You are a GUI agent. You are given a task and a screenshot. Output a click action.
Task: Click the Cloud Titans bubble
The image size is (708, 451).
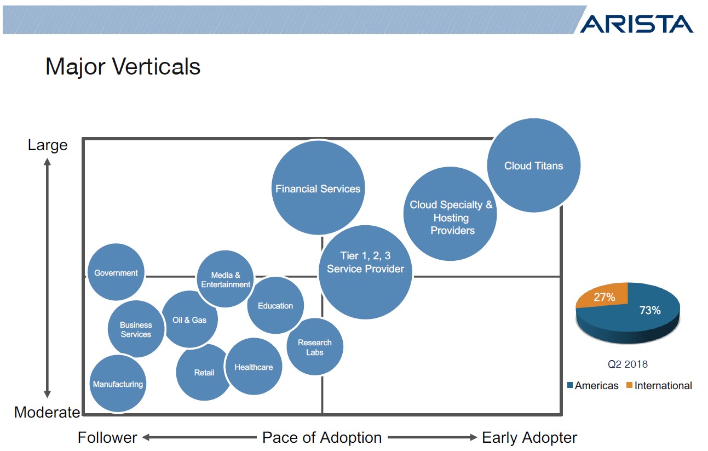point(533,165)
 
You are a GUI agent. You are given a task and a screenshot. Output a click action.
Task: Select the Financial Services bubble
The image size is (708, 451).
point(318,189)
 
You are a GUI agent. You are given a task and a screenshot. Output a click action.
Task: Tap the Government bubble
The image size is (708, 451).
point(116,272)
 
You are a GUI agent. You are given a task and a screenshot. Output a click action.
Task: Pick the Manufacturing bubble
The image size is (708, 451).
point(117,384)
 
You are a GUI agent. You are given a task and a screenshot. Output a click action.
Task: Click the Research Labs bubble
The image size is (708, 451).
point(315,347)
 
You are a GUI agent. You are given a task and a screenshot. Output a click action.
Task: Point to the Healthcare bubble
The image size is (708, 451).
point(254,367)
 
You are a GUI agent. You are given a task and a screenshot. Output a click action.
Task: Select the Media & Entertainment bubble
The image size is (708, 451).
point(225,279)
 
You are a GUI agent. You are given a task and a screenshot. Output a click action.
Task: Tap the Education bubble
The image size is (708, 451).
point(275,306)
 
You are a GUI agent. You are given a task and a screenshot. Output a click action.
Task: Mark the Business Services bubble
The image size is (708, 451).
point(135,329)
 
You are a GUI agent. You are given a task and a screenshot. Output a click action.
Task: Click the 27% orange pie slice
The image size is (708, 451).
point(604,298)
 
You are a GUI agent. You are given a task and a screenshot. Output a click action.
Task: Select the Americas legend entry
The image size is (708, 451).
point(592,386)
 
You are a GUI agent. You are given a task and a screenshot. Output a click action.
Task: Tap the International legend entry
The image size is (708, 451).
point(659,386)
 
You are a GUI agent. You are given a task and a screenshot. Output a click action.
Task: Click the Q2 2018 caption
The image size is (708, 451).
point(628,364)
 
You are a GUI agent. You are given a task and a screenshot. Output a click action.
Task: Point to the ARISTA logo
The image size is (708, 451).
point(636,24)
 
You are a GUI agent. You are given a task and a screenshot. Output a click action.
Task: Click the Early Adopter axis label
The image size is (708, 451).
point(529,438)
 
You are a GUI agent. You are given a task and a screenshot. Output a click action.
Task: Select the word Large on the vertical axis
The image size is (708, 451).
point(48,145)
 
